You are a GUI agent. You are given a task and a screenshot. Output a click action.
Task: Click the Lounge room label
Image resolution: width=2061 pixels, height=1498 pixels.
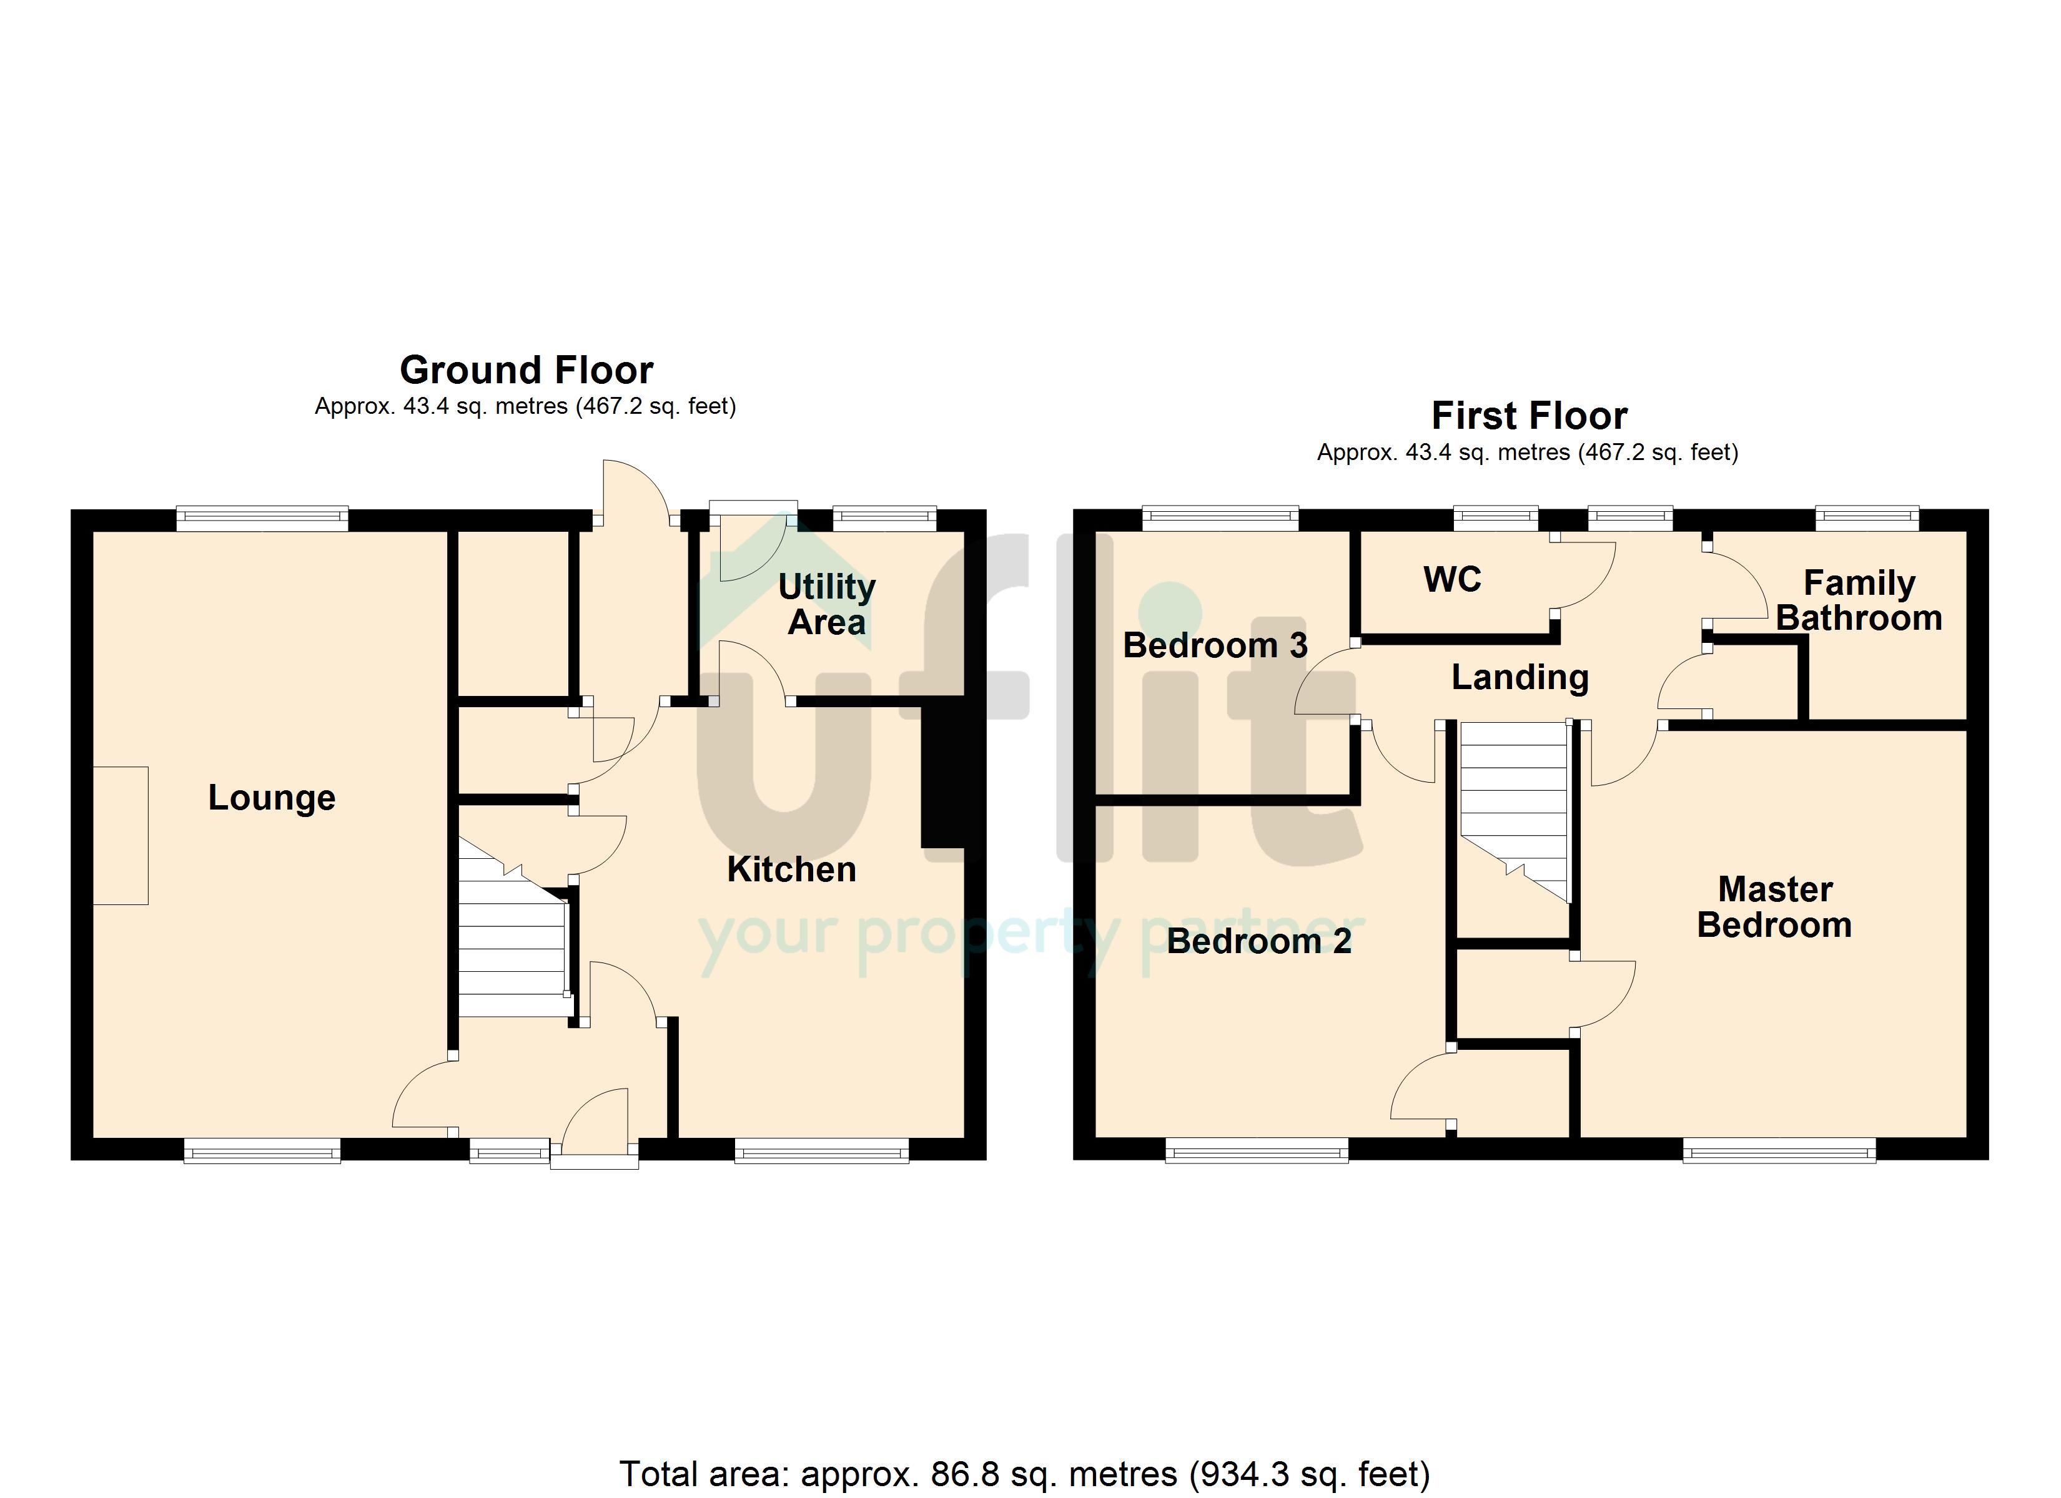(272, 798)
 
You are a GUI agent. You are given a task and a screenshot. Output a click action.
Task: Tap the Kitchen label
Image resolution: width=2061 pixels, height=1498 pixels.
(791, 869)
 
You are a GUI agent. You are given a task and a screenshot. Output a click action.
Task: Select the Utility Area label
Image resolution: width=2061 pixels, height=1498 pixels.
(827, 604)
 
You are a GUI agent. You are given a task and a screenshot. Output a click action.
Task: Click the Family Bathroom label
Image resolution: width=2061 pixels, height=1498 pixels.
(1859, 600)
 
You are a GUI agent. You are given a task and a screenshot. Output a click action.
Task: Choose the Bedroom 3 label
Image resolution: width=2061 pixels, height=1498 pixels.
(1215, 645)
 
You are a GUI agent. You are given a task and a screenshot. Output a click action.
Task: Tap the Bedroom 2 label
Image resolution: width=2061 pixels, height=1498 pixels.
(1258, 941)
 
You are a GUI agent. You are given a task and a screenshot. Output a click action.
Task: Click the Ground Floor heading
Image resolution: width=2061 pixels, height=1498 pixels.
(526, 370)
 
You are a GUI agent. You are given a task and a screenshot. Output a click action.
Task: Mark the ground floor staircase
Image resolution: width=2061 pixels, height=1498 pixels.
(513, 928)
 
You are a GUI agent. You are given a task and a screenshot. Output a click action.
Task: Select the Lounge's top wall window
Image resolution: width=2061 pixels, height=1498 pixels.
(262, 518)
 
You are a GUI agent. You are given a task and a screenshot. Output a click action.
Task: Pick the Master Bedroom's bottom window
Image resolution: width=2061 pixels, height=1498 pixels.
(1779, 1151)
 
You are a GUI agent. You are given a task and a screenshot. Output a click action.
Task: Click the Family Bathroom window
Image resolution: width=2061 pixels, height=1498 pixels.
(1867, 518)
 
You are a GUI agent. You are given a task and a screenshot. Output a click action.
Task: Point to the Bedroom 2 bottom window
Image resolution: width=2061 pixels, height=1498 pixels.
(1257, 1151)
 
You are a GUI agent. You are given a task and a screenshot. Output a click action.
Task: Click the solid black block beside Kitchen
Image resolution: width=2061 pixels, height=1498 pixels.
(943, 776)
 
